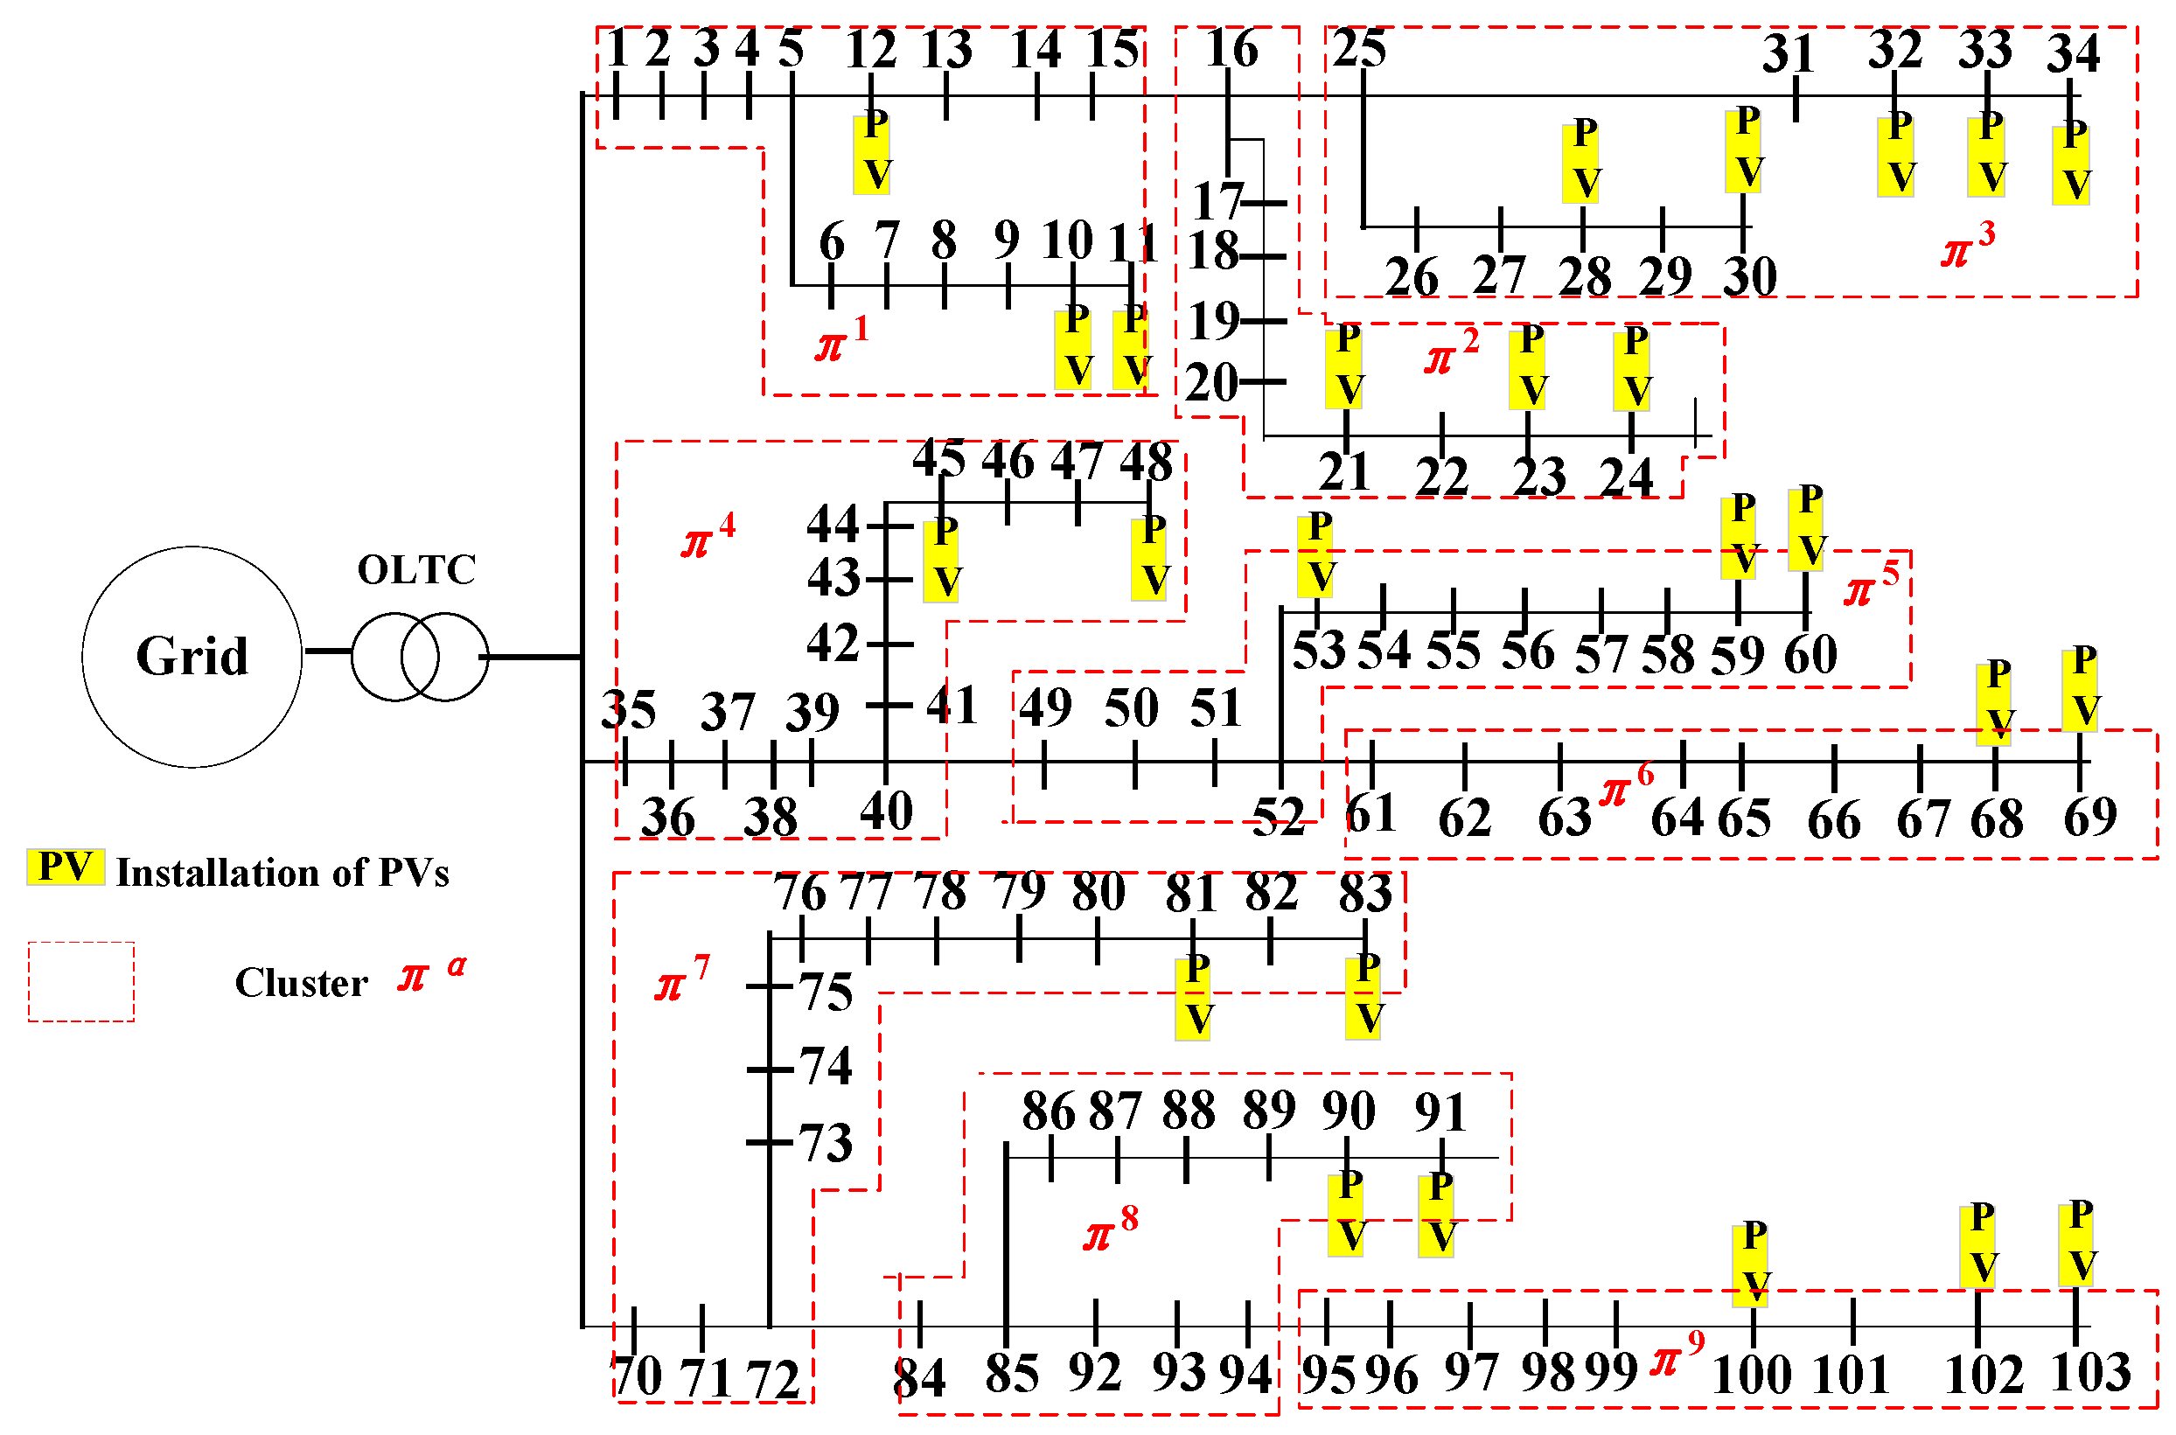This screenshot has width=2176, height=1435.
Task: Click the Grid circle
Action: tap(192, 656)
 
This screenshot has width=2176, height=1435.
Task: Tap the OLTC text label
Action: tap(416, 570)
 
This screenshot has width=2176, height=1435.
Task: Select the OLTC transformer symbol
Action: tap(420, 657)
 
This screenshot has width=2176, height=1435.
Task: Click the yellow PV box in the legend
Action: tap(65, 867)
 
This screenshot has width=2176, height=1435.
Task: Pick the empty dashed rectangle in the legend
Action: tap(81, 981)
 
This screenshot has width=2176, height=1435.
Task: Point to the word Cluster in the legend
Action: tap(301, 983)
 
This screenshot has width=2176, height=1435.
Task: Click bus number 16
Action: tap(1231, 50)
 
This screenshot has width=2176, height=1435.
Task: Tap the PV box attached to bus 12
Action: tap(872, 153)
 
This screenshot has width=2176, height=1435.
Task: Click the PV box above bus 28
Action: tap(1580, 160)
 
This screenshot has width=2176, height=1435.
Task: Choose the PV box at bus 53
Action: tap(1316, 555)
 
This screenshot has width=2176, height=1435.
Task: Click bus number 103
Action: tap(2091, 1373)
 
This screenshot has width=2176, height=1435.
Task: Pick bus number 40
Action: tap(886, 811)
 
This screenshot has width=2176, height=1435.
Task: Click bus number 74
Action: tap(826, 1067)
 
